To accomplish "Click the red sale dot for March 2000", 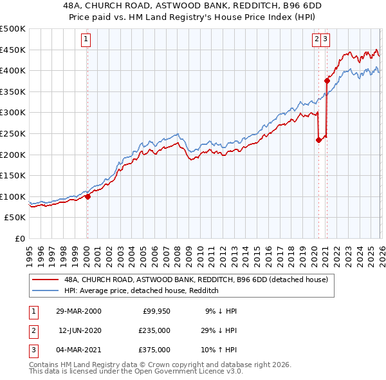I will [87, 197].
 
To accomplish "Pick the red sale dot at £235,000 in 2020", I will [318, 140].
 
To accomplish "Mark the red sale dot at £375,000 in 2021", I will [327, 81].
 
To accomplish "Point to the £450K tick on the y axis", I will [13, 50].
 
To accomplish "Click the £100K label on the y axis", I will [13, 196].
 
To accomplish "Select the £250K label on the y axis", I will [13, 133].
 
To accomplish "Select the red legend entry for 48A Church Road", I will [196, 280].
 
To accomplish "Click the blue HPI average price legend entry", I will [142, 290].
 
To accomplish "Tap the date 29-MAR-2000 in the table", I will [78, 311].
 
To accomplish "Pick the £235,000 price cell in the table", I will [154, 330].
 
